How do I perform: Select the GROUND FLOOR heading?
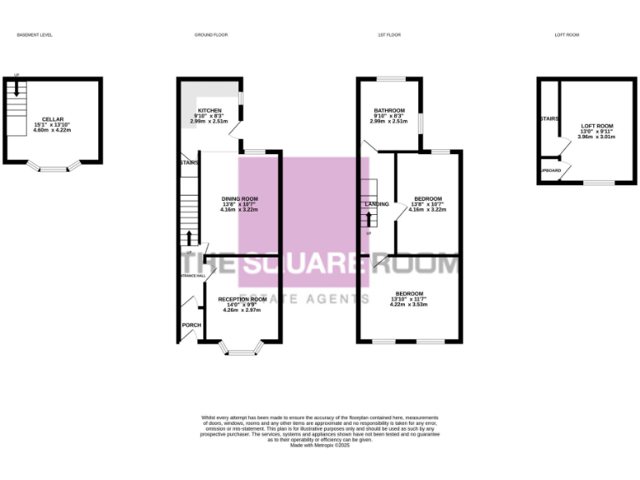click(211, 35)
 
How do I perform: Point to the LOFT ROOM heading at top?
click(567, 35)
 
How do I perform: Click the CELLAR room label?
click(52, 119)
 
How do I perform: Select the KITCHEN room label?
click(209, 110)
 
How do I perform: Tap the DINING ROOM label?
click(239, 198)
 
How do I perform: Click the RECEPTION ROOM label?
click(242, 298)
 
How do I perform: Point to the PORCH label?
click(191, 325)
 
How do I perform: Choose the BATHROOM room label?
click(388, 111)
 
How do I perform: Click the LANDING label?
click(377, 204)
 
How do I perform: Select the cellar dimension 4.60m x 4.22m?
click(52, 130)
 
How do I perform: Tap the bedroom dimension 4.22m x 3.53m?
click(408, 304)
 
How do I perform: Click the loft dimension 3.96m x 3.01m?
click(596, 136)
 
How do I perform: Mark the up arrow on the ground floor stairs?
click(190, 237)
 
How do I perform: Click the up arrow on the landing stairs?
click(368, 219)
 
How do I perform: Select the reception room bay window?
click(242, 351)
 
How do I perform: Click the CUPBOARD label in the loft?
click(550, 171)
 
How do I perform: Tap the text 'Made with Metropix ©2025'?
click(319, 446)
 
